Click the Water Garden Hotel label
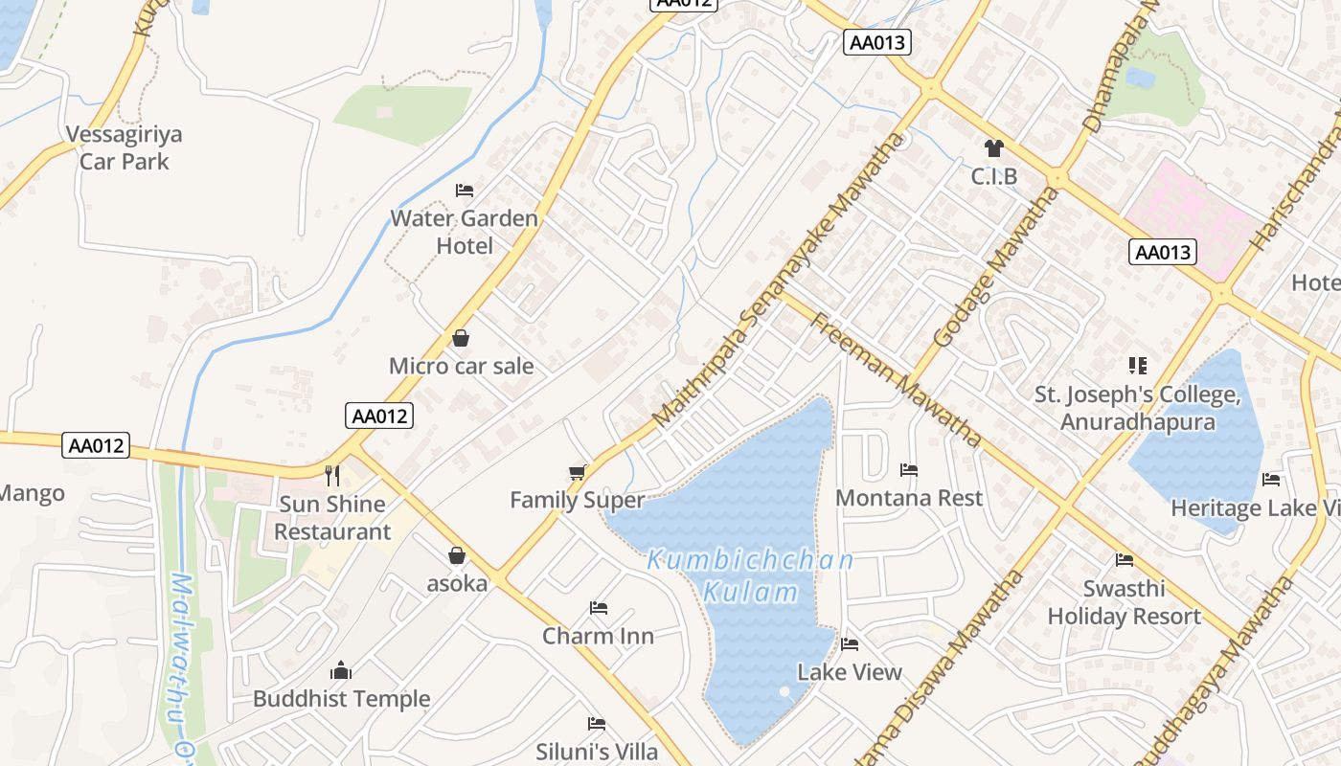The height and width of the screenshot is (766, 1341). click(x=465, y=232)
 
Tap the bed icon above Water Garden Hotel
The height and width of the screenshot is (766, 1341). click(x=465, y=190)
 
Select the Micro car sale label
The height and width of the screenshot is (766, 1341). click(x=461, y=366)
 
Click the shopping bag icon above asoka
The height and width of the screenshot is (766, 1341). click(x=457, y=555)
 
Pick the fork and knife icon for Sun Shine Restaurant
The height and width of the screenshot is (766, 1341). click(x=332, y=474)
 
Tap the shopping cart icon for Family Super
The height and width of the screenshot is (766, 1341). click(x=577, y=472)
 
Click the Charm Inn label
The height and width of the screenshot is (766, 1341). click(x=598, y=636)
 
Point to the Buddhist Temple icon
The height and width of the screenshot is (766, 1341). click(x=341, y=671)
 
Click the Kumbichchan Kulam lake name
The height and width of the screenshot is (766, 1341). click(x=750, y=575)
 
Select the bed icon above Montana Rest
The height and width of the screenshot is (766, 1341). click(x=909, y=470)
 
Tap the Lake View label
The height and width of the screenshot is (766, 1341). click(x=850, y=672)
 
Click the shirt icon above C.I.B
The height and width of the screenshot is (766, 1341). click(x=993, y=148)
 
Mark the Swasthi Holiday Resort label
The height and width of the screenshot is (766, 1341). click(x=1124, y=602)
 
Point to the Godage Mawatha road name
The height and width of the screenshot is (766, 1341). click(x=996, y=268)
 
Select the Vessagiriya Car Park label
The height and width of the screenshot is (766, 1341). click(x=124, y=147)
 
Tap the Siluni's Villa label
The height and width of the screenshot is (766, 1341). click(x=597, y=752)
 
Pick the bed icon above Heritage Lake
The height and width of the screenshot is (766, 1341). click(x=1271, y=480)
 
